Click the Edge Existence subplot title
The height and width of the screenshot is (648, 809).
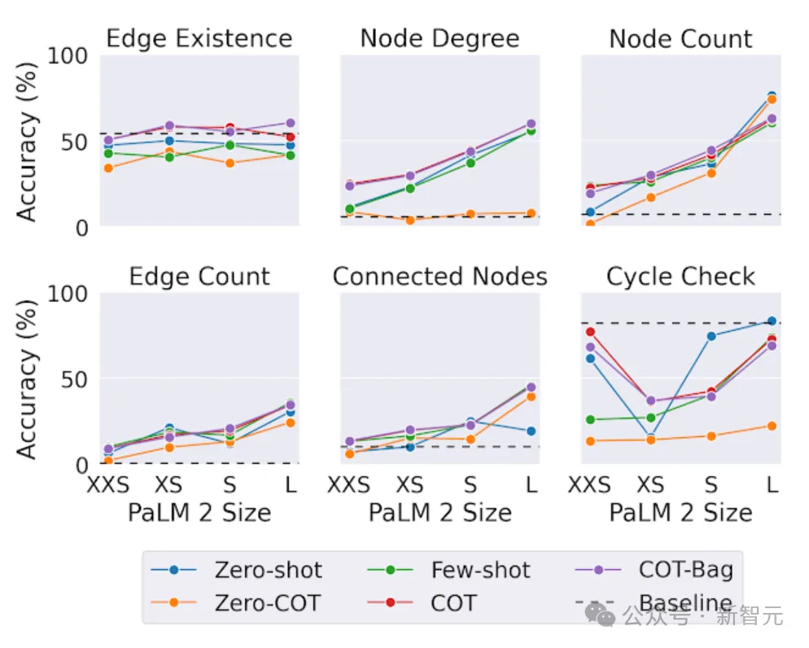[199, 39]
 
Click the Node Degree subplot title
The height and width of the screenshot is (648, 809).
[439, 39]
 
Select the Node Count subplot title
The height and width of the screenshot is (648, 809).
[680, 39]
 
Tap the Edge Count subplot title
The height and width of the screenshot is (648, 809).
[199, 277]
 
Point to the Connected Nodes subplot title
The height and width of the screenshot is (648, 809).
[439, 277]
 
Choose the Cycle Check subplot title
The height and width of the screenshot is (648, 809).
[680, 277]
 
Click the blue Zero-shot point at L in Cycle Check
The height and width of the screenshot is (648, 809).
[771, 321]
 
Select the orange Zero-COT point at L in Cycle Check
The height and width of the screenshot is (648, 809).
[771, 426]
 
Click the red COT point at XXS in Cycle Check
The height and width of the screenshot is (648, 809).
[590, 331]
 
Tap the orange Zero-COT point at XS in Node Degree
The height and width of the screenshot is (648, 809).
[409, 220]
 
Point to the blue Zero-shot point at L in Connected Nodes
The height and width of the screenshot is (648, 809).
[531, 431]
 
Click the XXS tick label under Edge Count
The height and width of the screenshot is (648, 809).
[108, 486]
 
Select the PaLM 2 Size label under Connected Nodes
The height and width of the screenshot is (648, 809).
[439, 513]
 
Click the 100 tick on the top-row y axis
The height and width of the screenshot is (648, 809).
[69, 56]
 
